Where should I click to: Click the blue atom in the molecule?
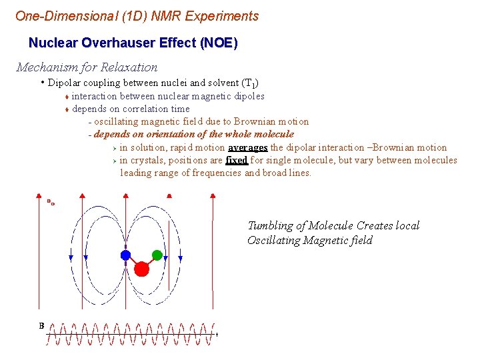pyautogui.click(x=125, y=255)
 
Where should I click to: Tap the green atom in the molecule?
pyautogui.click(x=157, y=254)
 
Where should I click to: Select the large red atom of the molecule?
pyautogui.click(x=141, y=269)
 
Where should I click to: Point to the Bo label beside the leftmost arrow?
pyautogui.click(x=51, y=201)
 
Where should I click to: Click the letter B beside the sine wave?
pyautogui.click(x=41, y=326)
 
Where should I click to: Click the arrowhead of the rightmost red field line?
pyautogui.click(x=213, y=196)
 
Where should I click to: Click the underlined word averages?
pyautogui.click(x=248, y=147)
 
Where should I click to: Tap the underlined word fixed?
pyautogui.click(x=237, y=160)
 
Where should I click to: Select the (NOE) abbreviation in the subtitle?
pyautogui.click(x=218, y=43)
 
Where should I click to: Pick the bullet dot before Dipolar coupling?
pyautogui.click(x=42, y=83)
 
